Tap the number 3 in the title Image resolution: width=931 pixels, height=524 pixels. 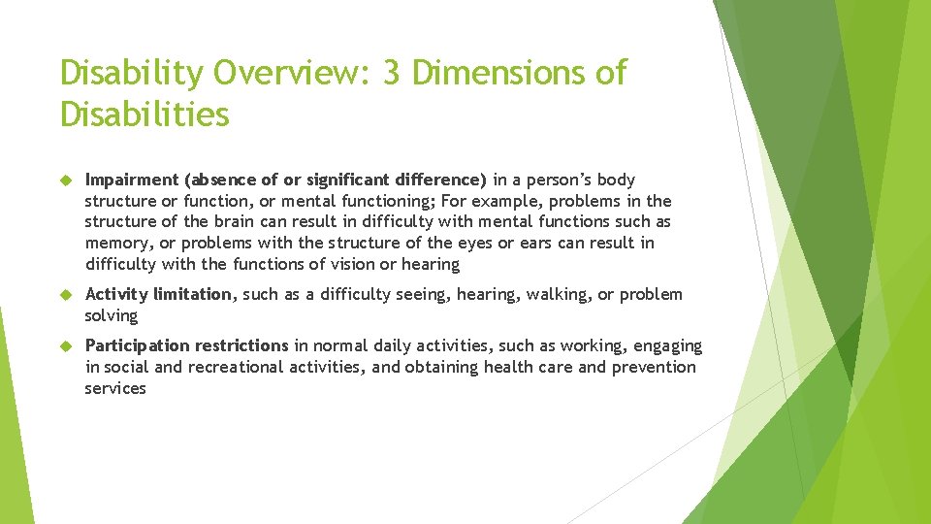(391, 73)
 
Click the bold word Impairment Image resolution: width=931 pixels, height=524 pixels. (132, 180)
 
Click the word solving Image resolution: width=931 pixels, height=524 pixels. (112, 315)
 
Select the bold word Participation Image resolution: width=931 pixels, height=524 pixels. (137, 345)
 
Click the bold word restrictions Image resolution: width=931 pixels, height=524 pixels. (241, 345)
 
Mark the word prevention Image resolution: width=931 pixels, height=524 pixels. (654, 367)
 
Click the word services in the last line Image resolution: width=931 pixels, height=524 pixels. (115, 388)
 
